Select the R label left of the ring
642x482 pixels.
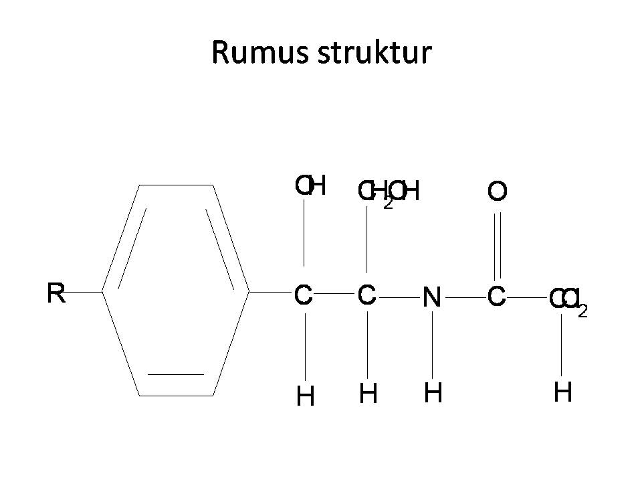pyautogui.click(x=56, y=293)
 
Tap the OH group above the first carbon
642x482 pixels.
pyautogui.click(x=310, y=186)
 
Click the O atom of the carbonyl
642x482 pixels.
pyautogui.click(x=497, y=192)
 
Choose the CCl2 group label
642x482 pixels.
pyautogui.click(x=568, y=299)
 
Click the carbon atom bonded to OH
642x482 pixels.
pyautogui.click(x=304, y=295)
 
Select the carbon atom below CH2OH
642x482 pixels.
pyautogui.click(x=366, y=294)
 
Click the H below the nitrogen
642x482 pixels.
pyautogui.click(x=433, y=393)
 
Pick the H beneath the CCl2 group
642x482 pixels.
pyautogui.click(x=562, y=392)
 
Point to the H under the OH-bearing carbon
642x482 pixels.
pyautogui.click(x=305, y=397)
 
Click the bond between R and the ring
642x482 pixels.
pyautogui.click(x=84, y=292)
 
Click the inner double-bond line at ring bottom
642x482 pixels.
pyautogui.click(x=175, y=374)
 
